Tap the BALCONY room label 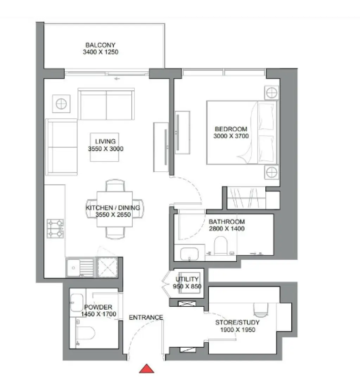point(100,45)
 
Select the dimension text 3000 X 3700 point(231,136)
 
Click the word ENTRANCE point(146,317)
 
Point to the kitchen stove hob point(56,228)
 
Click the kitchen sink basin point(73,267)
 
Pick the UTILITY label point(187,279)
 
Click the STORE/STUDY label point(238,322)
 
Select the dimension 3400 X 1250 point(100,52)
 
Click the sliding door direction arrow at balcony point(117,78)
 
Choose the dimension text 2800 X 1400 point(226,229)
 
